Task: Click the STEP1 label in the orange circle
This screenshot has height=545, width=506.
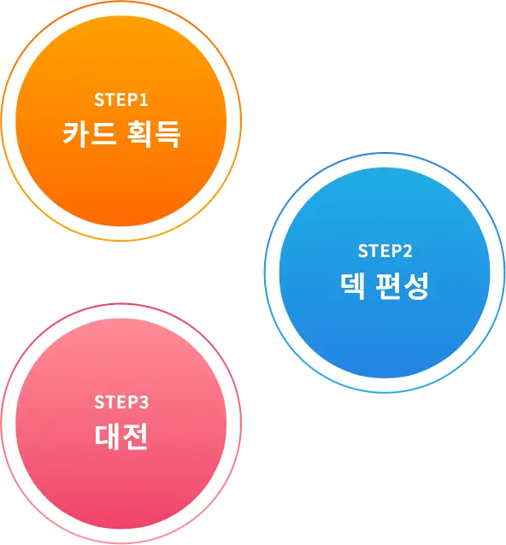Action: coord(121,100)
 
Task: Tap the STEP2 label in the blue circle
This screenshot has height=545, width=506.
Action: coord(385,251)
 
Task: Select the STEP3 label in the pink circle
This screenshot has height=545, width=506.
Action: coord(121,402)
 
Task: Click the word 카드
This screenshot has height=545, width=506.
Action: coord(90,134)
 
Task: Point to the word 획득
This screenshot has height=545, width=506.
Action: coord(153,134)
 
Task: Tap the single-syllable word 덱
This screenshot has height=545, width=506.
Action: coord(353,285)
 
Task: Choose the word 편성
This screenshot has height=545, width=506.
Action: coord(402,285)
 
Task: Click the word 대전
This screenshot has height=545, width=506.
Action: coord(121,437)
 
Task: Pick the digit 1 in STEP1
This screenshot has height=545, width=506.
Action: coord(144,100)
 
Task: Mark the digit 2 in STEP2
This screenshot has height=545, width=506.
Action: coord(407,251)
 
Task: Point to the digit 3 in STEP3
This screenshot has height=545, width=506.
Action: coord(144,402)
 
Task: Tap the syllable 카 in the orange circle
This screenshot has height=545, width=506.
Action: coord(75,134)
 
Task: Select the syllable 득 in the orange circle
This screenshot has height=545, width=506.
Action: coord(168,134)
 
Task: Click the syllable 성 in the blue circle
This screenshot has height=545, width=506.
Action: coord(416,285)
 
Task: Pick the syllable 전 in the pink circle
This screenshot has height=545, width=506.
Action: coord(135,437)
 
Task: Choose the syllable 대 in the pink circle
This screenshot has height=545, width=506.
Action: coord(107,437)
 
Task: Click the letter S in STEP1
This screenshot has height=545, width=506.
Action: coord(99,100)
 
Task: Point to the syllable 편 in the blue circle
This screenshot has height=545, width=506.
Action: coord(388,285)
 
